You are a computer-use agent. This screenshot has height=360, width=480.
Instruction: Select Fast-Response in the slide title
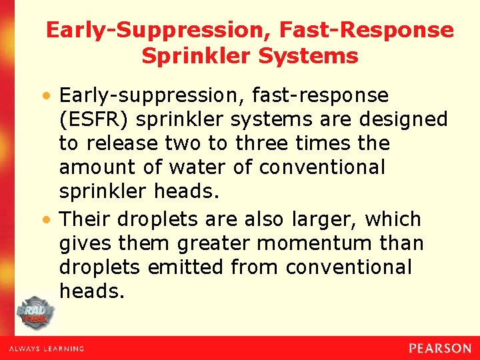point(367,30)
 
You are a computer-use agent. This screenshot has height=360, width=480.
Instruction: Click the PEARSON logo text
point(439,348)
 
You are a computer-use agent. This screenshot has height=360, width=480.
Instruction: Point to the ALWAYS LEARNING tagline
point(46,349)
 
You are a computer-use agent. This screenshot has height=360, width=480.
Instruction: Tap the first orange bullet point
point(51,96)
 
